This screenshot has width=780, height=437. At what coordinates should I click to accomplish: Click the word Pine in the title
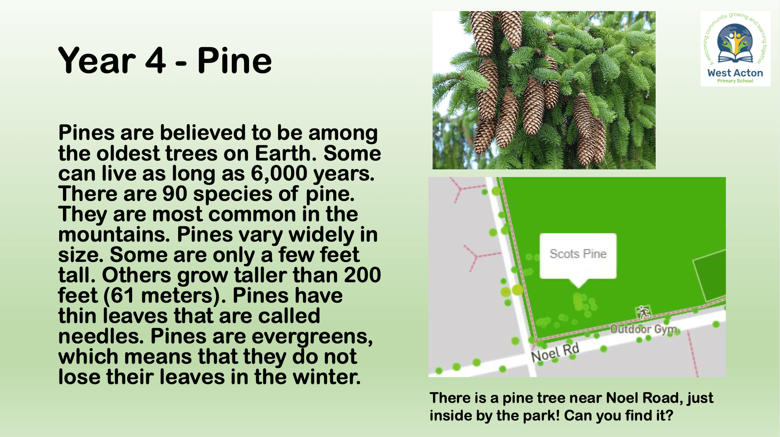tap(234, 61)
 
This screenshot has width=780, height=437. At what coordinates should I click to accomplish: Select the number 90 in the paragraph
tap(175, 193)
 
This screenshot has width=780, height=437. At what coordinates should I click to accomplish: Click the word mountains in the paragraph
tap(114, 235)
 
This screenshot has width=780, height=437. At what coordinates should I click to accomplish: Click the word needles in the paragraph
tap(101, 336)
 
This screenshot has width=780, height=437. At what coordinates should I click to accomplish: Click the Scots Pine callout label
tap(578, 254)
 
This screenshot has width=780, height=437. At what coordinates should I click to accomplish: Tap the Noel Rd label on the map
tap(555, 352)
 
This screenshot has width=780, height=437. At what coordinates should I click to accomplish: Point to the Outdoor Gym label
tap(643, 329)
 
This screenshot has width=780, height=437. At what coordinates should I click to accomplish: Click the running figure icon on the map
tap(643, 313)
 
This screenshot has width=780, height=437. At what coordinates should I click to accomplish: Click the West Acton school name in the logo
tap(735, 73)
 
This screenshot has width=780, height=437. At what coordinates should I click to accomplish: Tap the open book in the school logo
tap(735, 57)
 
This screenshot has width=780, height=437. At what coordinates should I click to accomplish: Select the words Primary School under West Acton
tap(735, 81)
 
